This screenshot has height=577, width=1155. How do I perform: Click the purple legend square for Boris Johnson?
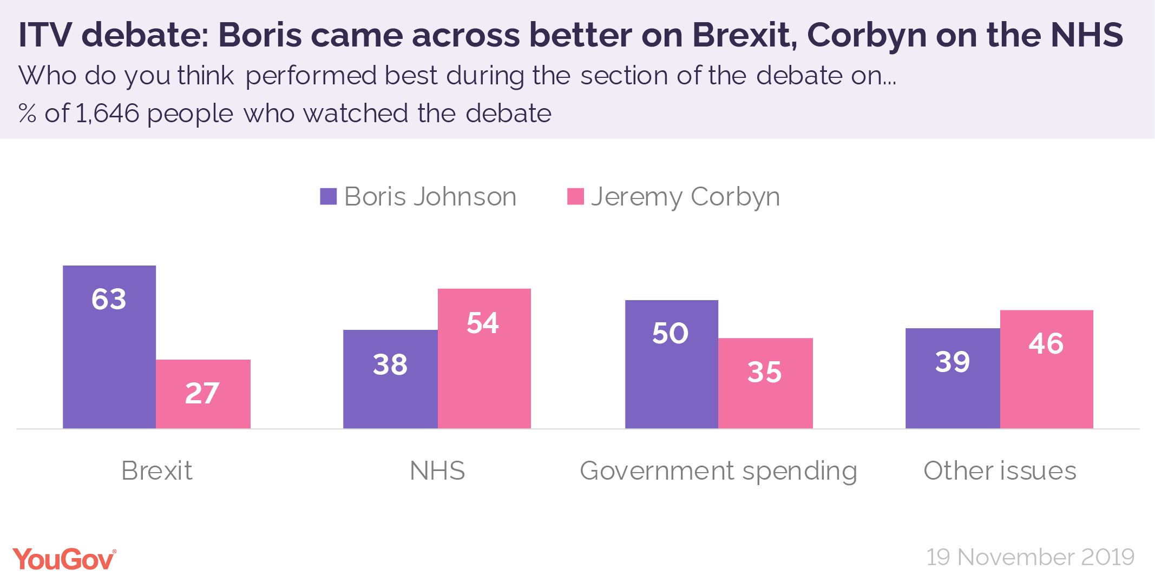point(329,196)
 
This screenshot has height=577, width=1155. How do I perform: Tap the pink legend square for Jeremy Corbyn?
point(575,196)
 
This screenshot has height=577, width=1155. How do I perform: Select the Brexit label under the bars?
point(156,470)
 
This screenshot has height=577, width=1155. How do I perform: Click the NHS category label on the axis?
point(437,470)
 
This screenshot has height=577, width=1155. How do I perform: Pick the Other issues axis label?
point(1000,470)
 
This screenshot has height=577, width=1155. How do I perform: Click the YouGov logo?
point(64,559)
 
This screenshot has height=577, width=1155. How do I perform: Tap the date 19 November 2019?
point(1030,557)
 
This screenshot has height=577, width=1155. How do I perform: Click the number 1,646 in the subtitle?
point(108,114)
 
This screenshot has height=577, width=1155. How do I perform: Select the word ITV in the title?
point(45,35)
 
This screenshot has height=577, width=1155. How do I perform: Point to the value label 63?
point(109,299)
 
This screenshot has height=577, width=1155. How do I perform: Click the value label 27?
point(202,393)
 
